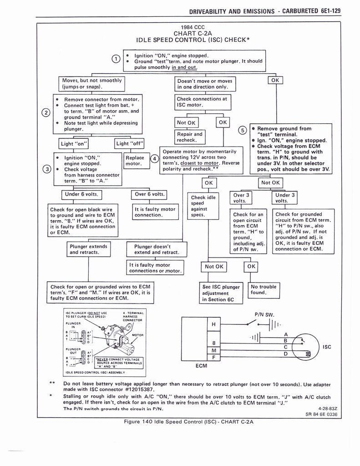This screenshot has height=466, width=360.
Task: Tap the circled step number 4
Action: tap(154, 159)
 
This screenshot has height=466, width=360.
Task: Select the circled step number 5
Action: tap(243, 130)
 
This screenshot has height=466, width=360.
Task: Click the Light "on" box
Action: tap(74, 144)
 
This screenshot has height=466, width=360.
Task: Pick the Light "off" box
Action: tap(130, 144)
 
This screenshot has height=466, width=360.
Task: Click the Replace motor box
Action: tap(134, 161)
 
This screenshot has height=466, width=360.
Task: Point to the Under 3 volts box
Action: tap(286, 198)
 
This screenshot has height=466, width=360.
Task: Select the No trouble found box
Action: tap(264, 290)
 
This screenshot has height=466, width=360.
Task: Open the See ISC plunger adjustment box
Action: tap(221, 293)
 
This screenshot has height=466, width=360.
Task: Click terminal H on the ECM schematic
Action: tap(213, 324)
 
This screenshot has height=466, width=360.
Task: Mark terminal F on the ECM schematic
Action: tap(213, 358)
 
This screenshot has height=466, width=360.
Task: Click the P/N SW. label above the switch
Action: tap(263, 314)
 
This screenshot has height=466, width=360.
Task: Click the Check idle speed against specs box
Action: tap(204, 206)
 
